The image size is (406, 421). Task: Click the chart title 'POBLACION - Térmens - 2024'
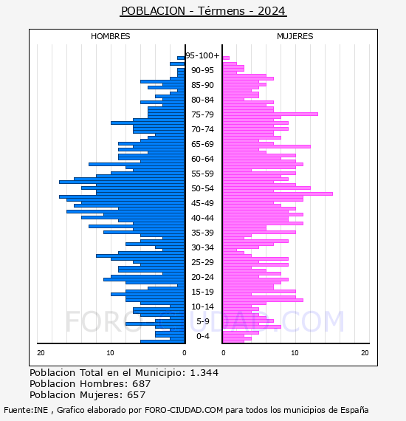[204, 11]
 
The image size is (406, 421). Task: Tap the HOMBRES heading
[110, 36]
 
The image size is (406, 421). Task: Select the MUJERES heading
[295, 36]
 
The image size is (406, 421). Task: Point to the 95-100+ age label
[202, 55]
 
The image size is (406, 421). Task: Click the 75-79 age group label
[202, 114]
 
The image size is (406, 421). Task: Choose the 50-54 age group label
[202, 188]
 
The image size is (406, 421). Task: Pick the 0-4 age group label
[202, 336]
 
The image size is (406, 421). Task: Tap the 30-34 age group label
[202, 247]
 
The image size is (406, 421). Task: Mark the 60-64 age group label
[202, 159]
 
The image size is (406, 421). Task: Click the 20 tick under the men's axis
[41, 353]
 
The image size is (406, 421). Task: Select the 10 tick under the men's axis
[110, 353]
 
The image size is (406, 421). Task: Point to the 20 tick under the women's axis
[365, 353]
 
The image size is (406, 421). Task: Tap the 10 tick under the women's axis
[295, 353]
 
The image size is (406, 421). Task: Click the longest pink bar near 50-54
[278, 194]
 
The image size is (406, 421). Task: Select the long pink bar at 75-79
[270, 114]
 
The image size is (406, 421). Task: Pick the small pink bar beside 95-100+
[226, 58]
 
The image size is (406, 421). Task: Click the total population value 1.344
[204, 373]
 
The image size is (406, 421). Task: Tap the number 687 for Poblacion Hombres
[142, 384]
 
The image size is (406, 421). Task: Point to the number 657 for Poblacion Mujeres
[136, 395]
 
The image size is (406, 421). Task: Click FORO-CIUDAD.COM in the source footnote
[184, 410]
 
